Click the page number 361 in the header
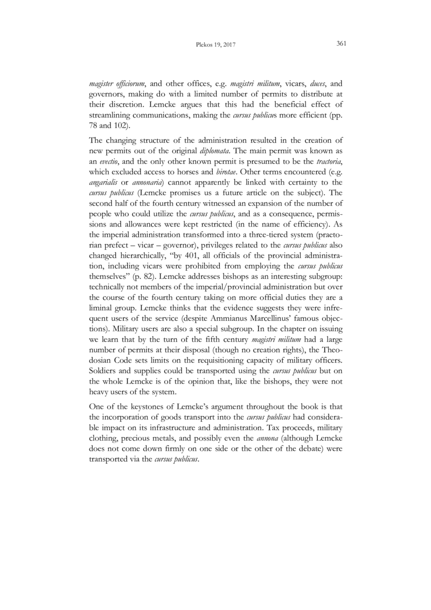tap(340, 44)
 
